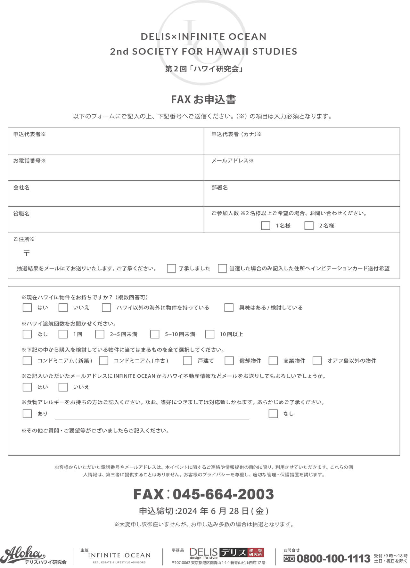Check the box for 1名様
[x=266, y=226]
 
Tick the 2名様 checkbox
[x=309, y=226]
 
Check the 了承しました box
[x=171, y=268]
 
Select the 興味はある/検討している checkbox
[x=229, y=308]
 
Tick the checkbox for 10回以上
[x=210, y=334]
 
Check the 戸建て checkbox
[x=187, y=361]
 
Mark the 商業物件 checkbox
[x=273, y=361]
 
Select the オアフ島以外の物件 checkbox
[x=317, y=361]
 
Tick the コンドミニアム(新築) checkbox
[x=27, y=361]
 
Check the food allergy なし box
[x=273, y=414]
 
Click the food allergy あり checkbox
[x=27, y=414]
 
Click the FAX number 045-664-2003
[x=223, y=494]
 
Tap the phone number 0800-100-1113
[x=333, y=559]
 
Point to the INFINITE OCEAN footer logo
[x=119, y=556]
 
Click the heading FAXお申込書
[x=204, y=100]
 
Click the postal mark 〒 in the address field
[x=27, y=253]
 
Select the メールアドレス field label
[x=232, y=161]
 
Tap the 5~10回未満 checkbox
[x=155, y=334]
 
